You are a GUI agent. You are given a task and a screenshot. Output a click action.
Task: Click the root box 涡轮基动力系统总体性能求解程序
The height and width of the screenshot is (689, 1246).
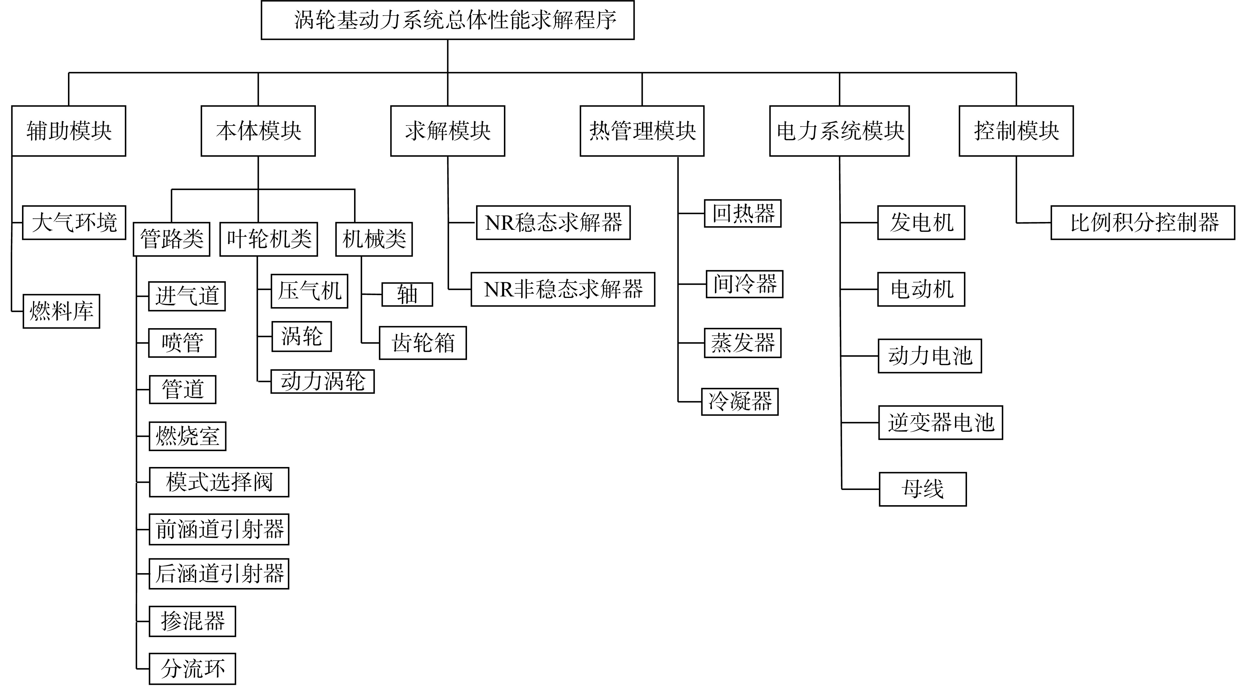pyautogui.click(x=447, y=20)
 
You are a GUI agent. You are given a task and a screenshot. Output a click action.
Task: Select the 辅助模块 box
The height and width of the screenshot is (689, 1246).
pyautogui.click(x=69, y=131)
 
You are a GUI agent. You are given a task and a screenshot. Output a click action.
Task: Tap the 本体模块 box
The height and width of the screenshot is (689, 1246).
pyautogui.click(x=258, y=131)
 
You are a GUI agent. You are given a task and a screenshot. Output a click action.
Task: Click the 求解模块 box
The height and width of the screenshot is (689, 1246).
pyautogui.click(x=448, y=131)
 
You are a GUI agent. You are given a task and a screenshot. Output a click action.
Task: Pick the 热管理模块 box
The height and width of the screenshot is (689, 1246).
pyautogui.click(x=642, y=131)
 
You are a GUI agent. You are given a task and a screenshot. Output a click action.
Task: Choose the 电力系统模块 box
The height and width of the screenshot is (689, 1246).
pyautogui.click(x=839, y=131)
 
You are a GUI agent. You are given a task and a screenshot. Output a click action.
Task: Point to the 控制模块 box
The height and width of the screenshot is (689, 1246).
pyautogui.click(x=1016, y=131)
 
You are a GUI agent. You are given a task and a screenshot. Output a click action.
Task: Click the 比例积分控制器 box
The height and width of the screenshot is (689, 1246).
pyautogui.click(x=1143, y=223)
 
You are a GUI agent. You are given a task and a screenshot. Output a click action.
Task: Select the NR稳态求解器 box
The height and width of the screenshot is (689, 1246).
pyautogui.click(x=553, y=223)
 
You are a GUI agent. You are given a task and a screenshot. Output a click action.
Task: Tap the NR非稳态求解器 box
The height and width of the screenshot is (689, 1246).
pyautogui.click(x=563, y=289)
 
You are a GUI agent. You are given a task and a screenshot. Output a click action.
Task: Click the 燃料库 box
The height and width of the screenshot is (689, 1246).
pyautogui.click(x=61, y=311)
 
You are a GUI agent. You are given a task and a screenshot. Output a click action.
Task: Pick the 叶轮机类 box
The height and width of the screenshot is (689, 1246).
pyautogui.click(x=269, y=239)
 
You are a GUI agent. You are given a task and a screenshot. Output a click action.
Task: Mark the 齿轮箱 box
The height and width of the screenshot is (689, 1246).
pyautogui.click(x=423, y=343)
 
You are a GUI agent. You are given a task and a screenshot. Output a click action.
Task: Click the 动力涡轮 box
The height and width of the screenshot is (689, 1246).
pyautogui.click(x=323, y=381)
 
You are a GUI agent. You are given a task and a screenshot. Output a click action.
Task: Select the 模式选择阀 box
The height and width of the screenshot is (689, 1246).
pyautogui.click(x=219, y=482)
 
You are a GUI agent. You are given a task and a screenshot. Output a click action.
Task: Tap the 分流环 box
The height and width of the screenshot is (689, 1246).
pyautogui.click(x=193, y=669)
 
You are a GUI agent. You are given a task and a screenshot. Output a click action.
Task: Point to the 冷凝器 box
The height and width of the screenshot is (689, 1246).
pyautogui.click(x=740, y=402)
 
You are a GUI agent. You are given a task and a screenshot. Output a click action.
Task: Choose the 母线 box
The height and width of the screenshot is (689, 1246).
pyautogui.click(x=923, y=489)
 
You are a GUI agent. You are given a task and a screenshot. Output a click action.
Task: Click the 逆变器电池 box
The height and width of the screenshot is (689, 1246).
pyautogui.click(x=941, y=422)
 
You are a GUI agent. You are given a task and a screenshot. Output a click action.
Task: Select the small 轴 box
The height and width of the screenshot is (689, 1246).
pyautogui.click(x=407, y=294)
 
